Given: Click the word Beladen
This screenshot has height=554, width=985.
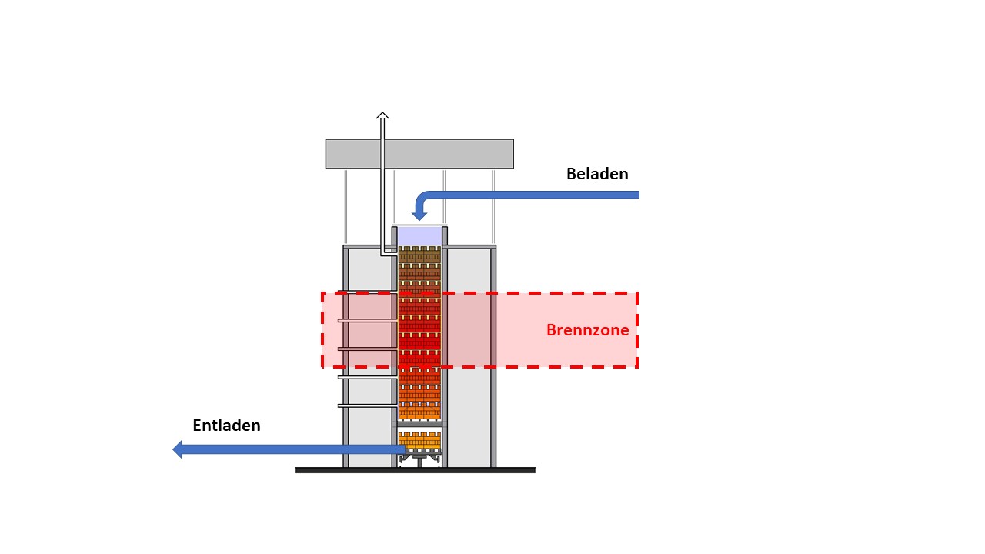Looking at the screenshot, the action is (x=597, y=174).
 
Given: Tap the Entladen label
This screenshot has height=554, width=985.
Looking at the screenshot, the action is (x=226, y=426).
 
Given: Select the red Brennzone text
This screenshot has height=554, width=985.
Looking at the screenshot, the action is (x=587, y=330).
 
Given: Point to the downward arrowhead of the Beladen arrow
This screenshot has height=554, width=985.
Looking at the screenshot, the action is (x=419, y=215).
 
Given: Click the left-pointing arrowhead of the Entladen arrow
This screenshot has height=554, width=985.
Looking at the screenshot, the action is (x=177, y=449).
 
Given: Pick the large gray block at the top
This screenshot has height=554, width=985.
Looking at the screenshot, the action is (x=419, y=154).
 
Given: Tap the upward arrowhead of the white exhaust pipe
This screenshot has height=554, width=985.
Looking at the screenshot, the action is (x=382, y=115).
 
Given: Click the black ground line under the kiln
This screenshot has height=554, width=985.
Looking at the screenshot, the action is (x=416, y=470).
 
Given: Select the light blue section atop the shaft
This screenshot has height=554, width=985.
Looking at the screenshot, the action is (x=419, y=236).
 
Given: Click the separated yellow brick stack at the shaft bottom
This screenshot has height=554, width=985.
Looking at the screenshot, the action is (x=419, y=441).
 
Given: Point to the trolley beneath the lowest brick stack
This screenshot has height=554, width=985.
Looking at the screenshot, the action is (x=419, y=459).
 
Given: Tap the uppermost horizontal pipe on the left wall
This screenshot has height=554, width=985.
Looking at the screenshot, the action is (x=368, y=321).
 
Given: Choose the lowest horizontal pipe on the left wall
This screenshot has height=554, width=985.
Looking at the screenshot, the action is (x=368, y=405).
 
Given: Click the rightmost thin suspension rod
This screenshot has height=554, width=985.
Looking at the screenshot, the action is (x=493, y=207).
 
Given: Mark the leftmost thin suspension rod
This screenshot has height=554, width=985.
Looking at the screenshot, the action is (x=346, y=207).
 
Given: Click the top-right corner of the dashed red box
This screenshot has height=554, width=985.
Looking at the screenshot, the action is (x=638, y=293).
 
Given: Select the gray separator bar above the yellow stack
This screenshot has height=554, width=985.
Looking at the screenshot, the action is (x=419, y=425).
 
